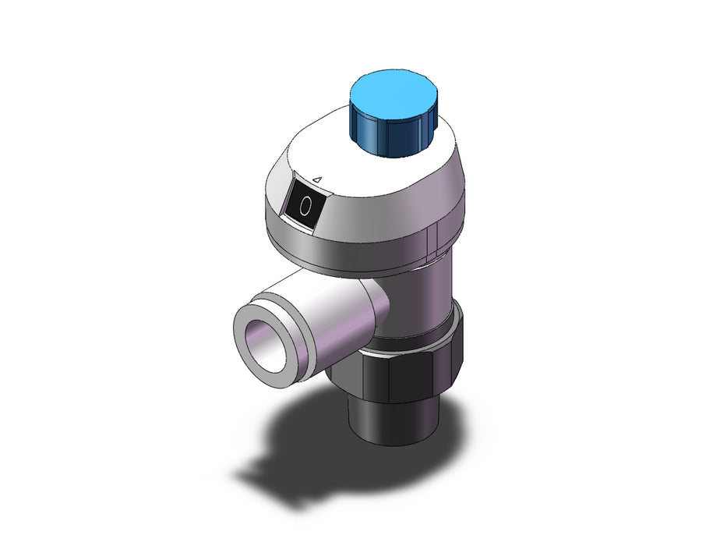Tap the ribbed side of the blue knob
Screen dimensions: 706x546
click(x=393, y=134)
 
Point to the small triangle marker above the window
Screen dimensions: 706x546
click(x=317, y=180)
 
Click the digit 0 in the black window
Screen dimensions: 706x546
click(x=305, y=206)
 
